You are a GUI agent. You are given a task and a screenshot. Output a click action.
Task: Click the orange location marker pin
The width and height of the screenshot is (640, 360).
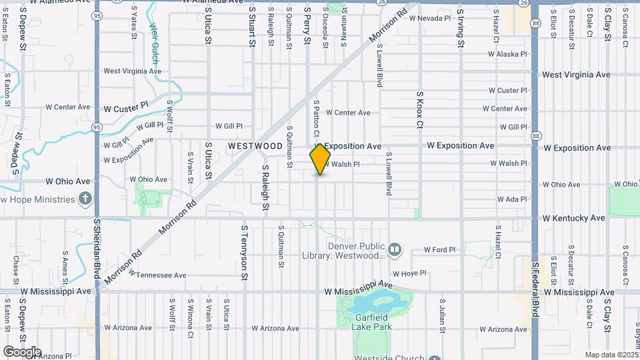coord(320,159)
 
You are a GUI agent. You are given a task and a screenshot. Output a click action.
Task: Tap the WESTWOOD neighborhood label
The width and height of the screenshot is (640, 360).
coord(255,145)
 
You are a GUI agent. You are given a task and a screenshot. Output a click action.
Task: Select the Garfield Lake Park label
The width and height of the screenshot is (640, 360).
coord(371,322)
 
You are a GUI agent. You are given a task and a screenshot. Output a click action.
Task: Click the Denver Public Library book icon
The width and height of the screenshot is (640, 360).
coord(395,249)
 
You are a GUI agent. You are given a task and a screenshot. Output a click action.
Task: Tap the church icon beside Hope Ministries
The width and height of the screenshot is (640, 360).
coord(85,199)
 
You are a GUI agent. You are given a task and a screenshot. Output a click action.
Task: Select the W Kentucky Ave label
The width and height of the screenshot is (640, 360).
coord(573,218)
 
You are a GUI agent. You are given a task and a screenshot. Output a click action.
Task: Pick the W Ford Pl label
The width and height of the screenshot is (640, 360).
coord(440,250)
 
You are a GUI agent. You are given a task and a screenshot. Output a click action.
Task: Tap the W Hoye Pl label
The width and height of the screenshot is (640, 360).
coord(409,273)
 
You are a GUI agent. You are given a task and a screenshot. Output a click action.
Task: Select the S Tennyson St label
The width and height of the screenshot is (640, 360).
coord(245,251)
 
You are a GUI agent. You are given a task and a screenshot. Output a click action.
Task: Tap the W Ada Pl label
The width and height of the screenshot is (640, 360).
coord(512,199)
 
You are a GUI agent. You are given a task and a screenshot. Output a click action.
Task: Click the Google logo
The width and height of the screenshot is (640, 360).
coord(21,351)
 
